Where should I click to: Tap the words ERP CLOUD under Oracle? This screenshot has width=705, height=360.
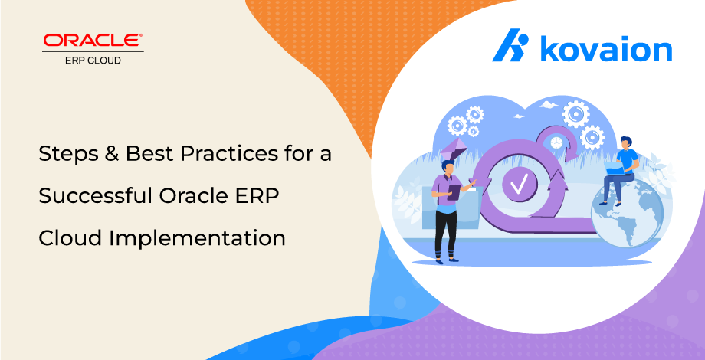pyautogui.click(x=93, y=61)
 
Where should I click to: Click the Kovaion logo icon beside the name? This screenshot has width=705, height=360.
pyautogui.click(x=510, y=45)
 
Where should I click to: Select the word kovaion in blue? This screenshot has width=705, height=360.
pyautogui.click(x=605, y=47)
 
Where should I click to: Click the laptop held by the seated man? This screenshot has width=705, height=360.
pyautogui.click(x=615, y=168)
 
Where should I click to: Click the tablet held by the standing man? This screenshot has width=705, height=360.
pyautogui.click(x=453, y=192)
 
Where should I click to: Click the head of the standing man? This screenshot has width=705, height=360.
pyautogui.click(x=448, y=168)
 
